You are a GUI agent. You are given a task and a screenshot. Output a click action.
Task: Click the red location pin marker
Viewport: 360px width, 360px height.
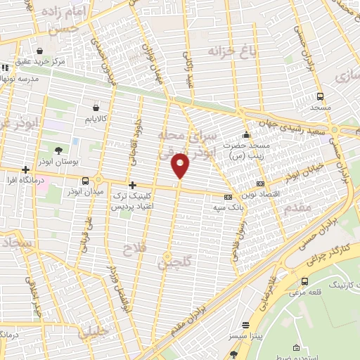coord(181,166)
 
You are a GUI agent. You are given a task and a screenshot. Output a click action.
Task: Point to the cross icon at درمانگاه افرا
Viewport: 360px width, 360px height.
coord(25,169)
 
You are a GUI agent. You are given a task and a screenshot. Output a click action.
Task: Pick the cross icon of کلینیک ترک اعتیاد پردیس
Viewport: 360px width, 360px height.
coord(131,185)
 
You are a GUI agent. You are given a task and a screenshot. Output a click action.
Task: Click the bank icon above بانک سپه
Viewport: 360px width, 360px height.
coord(228,197)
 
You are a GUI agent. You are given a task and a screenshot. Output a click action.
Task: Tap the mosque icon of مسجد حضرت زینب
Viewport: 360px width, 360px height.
coord(245,135)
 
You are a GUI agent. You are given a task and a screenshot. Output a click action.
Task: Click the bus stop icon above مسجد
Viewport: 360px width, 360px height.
coord(320,97)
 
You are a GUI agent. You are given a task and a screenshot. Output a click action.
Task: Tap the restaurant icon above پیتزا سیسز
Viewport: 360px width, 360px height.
coord(245,326)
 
